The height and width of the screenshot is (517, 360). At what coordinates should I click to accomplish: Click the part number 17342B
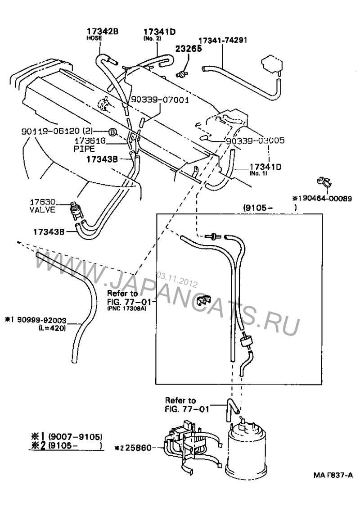[x=103, y=32]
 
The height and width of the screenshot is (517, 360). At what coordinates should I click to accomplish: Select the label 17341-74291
[x=223, y=40]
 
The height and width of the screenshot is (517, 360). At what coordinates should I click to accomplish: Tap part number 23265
[x=189, y=48]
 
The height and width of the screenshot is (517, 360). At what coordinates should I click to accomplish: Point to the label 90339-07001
[x=160, y=100]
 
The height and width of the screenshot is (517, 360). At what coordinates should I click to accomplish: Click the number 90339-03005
[x=256, y=141]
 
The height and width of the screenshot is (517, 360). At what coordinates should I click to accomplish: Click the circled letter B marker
[x=112, y=132]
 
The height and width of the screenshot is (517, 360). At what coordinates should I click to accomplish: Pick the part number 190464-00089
[x=322, y=199]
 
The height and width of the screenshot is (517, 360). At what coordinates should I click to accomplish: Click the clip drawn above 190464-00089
[x=324, y=182]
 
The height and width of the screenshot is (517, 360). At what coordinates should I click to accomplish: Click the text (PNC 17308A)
[x=126, y=308]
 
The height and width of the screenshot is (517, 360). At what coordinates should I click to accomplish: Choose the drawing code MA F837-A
[x=333, y=475]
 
